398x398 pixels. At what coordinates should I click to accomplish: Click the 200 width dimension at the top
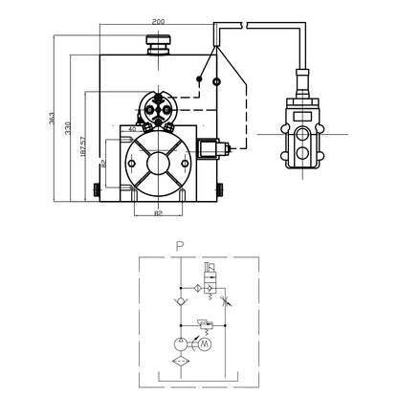point(157,21)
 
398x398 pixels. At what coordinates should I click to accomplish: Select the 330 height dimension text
point(67,127)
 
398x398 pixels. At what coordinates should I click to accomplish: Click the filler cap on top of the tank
point(156,43)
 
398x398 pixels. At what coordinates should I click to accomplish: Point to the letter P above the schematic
point(179,245)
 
